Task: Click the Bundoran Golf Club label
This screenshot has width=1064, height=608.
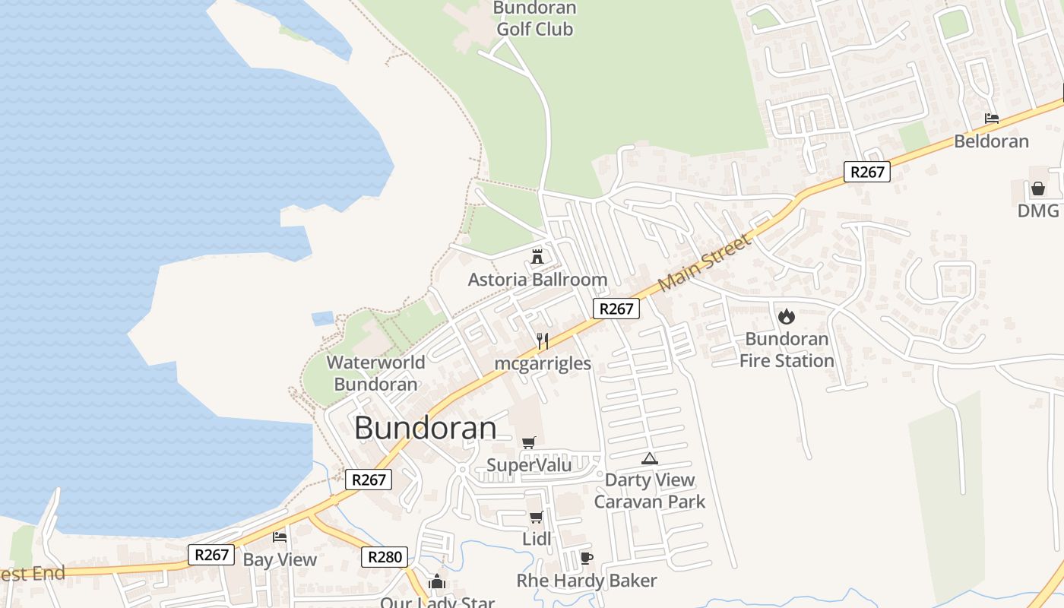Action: pyautogui.click(x=534, y=19)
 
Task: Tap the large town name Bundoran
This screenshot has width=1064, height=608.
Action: pyautogui.click(x=426, y=428)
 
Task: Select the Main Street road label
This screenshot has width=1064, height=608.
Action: pyautogui.click(x=704, y=262)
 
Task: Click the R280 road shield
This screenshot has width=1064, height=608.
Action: pyautogui.click(x=385, y=557)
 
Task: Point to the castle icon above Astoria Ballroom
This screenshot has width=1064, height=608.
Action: pyautogui.click(x=537, y=256)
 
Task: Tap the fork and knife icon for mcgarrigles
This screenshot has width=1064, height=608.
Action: pyautogui.click(x=543, y=340)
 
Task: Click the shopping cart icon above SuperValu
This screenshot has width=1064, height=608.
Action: pyautogui.click(x=529, y=442)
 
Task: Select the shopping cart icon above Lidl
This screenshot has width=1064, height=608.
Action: pyautogui.click(x=537, y=517)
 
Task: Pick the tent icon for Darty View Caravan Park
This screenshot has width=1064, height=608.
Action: pyautogui.click(x=649, y=458)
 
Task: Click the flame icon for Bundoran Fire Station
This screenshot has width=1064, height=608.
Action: pyautogui.click(x=787, y=315)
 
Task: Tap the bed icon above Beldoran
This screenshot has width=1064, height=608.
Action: pyautogui.click(x=992, y=119)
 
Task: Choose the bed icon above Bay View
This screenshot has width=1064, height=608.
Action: pyautogui.click(x=280, y=537)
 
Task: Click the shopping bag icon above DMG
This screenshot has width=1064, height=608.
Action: pyautogui.click(x=1038, y=188)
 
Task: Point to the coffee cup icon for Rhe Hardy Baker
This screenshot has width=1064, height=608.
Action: pyautogui.click(x=586, y=558)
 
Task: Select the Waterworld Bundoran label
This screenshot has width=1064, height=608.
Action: pyautogui.click(x=376, y=373)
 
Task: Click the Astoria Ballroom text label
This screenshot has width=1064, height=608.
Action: pyautogui.click(x=537, y=280)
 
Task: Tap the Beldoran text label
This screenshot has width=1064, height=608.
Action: pyautogui.click(x=992, y=141)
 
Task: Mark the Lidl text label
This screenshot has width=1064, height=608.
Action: pyautogui.click(x=537, y=539)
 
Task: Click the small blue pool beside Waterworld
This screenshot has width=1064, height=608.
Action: pyautogui.click(x=323, y=318)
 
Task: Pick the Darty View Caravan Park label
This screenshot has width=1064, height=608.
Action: pyautogui.click(x=650, y=491)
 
